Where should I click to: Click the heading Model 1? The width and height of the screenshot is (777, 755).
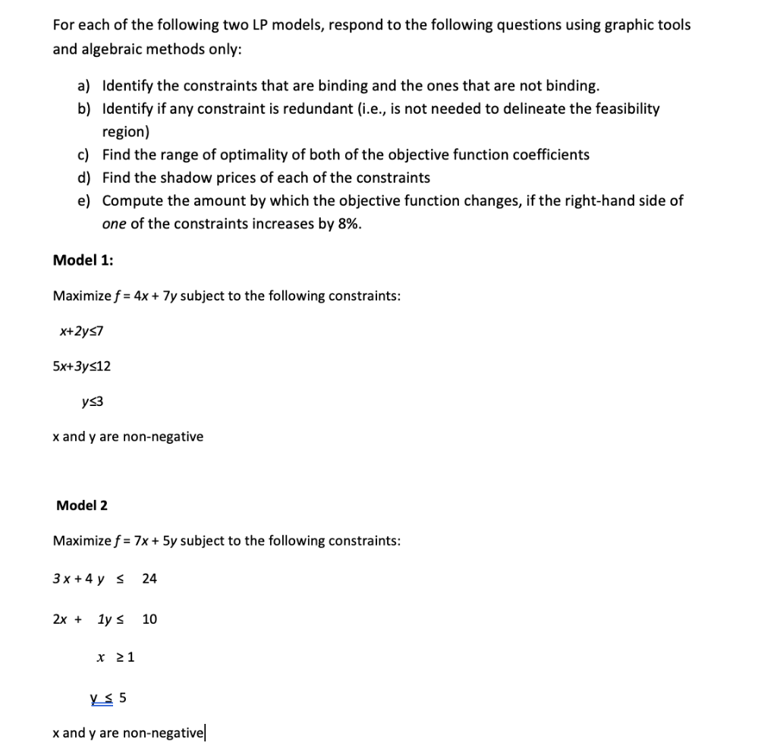click(83, 260)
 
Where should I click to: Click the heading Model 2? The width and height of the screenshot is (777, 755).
click(82, 505)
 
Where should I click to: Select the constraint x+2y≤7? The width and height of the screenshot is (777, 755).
click(80, 331)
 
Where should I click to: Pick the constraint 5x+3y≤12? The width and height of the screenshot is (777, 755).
click(81, 366)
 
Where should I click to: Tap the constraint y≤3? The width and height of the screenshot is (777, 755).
click(92, 401)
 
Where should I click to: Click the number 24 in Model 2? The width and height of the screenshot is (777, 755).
click(149, 579)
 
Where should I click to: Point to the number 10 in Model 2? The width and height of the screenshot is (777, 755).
click(149, 619)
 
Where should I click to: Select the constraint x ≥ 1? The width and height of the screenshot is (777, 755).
click(115, 657)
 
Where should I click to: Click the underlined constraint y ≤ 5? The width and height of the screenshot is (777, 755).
click(108, 697)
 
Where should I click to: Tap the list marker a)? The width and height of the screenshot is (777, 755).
click(84, 86)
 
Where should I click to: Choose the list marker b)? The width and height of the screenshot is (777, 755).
click(84, 109)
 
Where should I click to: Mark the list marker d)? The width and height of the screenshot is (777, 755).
click(84, 178)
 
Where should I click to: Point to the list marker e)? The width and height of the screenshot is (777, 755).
click(84, 201)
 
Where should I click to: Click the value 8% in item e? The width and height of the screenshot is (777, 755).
click(348, 224)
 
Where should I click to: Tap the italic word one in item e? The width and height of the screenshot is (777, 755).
click(114, 224)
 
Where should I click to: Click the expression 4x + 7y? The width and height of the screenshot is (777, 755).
click(156, 296)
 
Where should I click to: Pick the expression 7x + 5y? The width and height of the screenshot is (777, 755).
click(156, 541)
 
